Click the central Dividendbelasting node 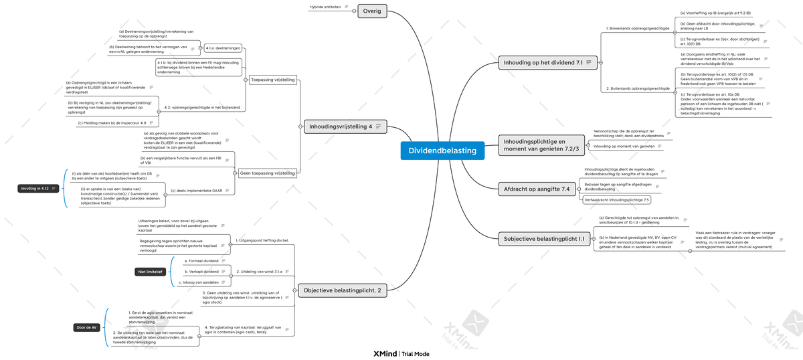[442, 151]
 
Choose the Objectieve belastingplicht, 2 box [341, 290]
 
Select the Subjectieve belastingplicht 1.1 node [544, 238]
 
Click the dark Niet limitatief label [150, 272]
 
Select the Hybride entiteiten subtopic [325, 7]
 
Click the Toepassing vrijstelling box [272, 80]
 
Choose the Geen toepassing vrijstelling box [267, 173]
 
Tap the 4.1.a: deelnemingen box [223, 48]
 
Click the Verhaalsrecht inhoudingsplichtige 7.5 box [616, 199]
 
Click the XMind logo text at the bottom [384, 353]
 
